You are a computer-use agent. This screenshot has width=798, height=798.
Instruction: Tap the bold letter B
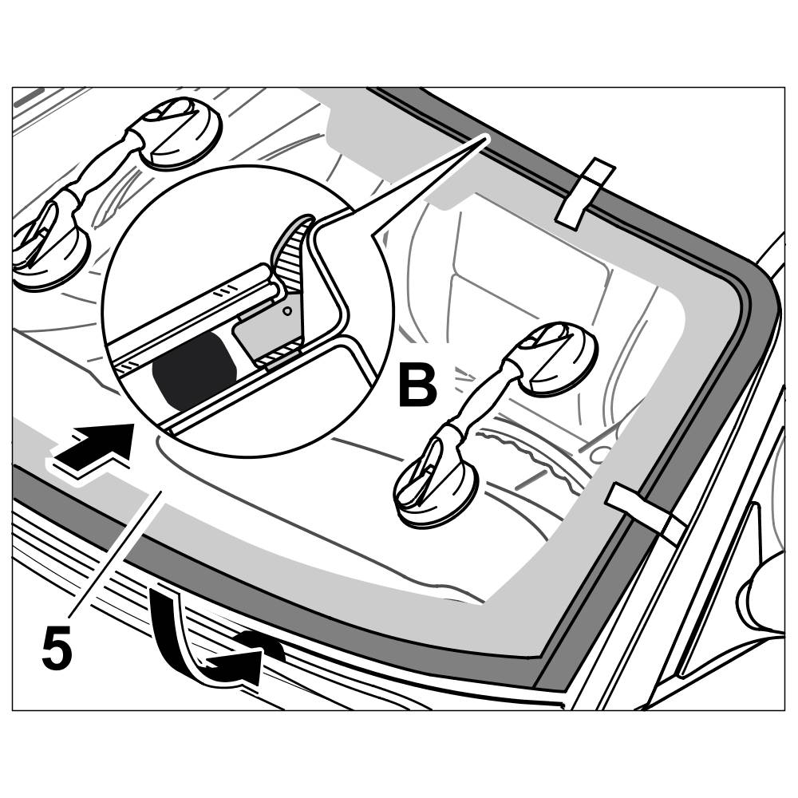click(417, 386)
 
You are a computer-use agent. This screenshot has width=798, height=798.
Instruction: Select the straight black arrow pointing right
click(94, 449)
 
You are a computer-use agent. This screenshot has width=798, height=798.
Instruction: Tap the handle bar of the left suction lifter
click(104, 180)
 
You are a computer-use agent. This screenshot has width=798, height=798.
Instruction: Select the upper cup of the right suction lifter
click(559, 359)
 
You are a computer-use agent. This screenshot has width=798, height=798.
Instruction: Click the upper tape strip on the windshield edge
click(585, 194)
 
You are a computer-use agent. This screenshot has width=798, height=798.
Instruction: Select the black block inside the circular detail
click(192, 369)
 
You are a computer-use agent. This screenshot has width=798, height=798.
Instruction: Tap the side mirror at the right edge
click(764, 591)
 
